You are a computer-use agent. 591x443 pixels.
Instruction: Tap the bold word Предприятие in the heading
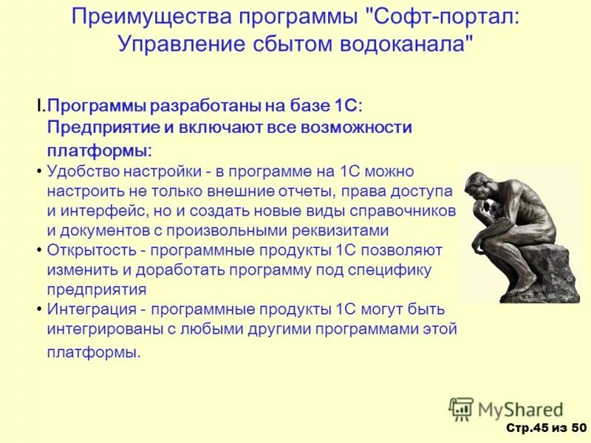click(102, 127)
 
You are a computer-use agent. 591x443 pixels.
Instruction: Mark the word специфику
click(391, 269)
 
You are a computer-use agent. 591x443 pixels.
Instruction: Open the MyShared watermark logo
click(505, 408)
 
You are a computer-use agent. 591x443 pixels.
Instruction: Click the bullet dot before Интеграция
click(38, 308)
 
